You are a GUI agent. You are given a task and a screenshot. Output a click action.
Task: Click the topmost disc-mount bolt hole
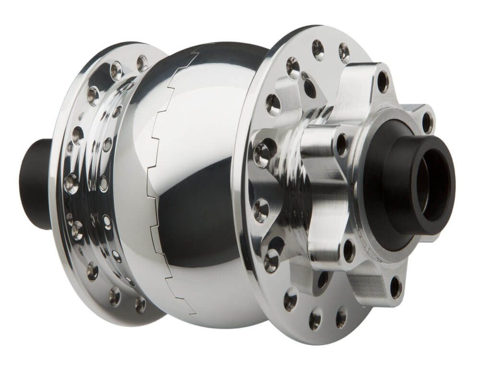tap(383, 82)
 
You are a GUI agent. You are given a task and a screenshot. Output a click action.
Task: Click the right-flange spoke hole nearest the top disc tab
tap(344, 52)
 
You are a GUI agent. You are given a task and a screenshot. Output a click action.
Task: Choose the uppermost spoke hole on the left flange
tap(142, 63)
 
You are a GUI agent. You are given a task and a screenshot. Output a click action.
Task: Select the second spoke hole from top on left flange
tap(116, 71)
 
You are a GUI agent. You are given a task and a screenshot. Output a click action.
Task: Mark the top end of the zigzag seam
tap(198, 54)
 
